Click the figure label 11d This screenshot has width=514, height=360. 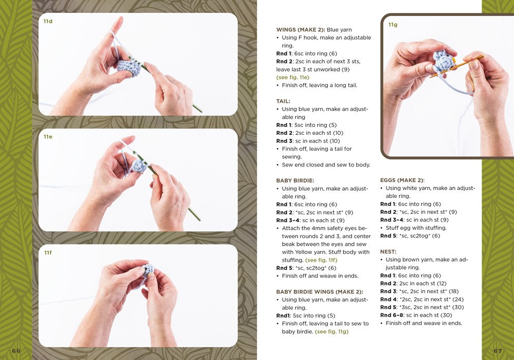48,21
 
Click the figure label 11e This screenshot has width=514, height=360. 48,137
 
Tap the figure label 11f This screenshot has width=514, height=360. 48,253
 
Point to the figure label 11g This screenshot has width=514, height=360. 393,25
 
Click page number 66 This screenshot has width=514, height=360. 16,351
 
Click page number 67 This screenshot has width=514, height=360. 498,351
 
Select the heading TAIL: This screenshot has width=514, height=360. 283,101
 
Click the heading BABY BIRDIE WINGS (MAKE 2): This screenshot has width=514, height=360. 320,292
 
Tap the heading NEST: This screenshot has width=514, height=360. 388,252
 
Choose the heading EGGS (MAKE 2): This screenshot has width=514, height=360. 402,181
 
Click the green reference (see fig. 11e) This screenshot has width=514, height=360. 293,77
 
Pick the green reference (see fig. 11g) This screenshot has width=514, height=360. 332,332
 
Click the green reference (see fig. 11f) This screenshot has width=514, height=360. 321,260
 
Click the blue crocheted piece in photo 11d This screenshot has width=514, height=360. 129,68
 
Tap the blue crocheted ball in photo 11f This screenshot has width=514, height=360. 148,269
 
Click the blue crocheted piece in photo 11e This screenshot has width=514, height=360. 139,166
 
